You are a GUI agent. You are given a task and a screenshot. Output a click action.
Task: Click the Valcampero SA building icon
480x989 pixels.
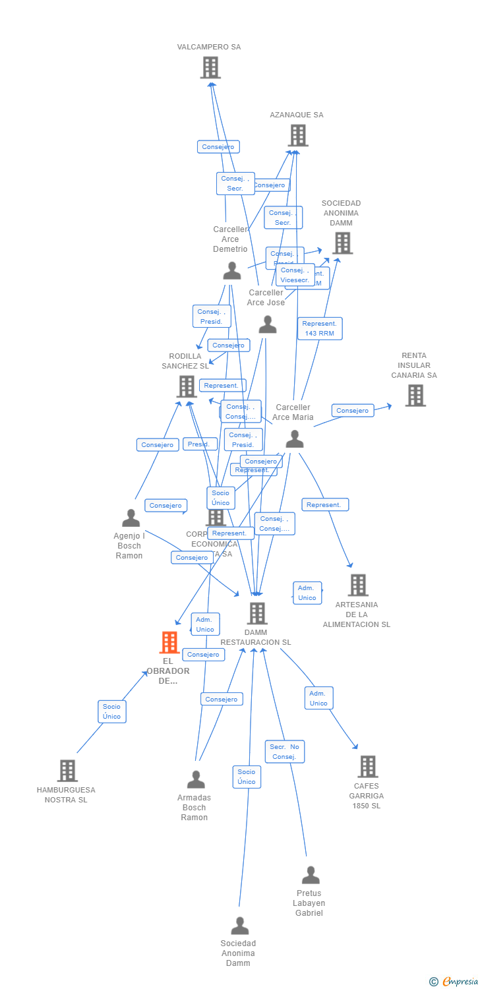tap(210, 67)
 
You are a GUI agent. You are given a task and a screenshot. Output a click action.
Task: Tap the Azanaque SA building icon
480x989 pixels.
tap(298, 135)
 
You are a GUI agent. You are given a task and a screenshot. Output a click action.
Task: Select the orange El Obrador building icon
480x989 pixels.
tap(169, 642)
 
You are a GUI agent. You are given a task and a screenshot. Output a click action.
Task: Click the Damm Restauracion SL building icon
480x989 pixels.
tap(257, 613)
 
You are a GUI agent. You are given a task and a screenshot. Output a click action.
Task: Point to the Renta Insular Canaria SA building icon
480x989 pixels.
tap(415, 395)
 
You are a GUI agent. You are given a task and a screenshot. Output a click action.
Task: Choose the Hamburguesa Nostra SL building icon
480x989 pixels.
tap(67, 770)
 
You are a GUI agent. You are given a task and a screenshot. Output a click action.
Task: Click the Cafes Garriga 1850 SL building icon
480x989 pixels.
tap(368, 766)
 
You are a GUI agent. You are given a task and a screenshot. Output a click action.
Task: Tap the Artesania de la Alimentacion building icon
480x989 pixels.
tap(358, 585)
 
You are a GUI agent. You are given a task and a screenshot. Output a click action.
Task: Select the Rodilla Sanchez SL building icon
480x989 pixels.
tap(187, 386)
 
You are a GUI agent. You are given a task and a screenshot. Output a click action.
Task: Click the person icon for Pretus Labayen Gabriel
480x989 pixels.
tap(311, 875)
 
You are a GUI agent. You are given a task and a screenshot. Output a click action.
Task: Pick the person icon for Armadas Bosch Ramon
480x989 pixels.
tap(196, 779)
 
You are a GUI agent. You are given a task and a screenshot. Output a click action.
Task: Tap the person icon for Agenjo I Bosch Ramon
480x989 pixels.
tap(131, 518)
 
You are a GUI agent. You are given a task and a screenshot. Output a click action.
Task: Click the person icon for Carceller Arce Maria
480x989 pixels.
tap(295, 438)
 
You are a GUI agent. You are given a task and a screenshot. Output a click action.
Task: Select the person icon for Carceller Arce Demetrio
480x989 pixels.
tap(232, 270)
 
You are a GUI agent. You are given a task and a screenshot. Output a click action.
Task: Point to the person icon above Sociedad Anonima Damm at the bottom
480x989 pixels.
tap(240, 925)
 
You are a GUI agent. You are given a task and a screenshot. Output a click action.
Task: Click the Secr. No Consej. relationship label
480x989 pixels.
tap(285, 752)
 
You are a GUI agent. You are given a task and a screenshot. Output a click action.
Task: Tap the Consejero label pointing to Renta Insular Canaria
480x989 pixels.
tap(352, 411)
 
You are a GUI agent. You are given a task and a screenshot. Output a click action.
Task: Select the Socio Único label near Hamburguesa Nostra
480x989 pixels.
tap(112, 711)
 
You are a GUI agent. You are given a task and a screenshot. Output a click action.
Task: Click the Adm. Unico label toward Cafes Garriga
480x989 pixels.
tap(318, 698)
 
